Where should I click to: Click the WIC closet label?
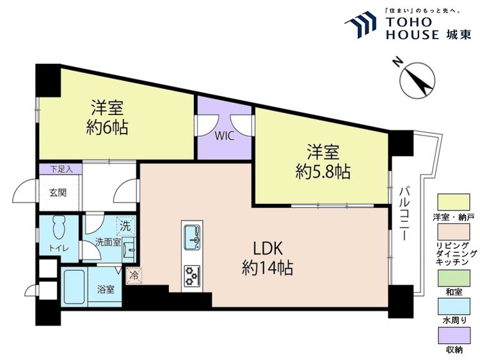tap(224, 136)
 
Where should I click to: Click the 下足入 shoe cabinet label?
tap(60, 169)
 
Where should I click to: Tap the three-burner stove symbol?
tap(192, 275)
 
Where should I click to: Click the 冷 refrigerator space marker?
tap(134, 275)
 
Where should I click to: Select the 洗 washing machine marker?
tap(125, 225)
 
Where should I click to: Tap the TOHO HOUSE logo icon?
tap(363, 26)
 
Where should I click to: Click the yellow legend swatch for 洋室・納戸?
tap(454, 201)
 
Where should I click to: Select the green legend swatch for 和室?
tap(454, 278)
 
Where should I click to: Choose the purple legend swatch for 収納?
tap(454, 335)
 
